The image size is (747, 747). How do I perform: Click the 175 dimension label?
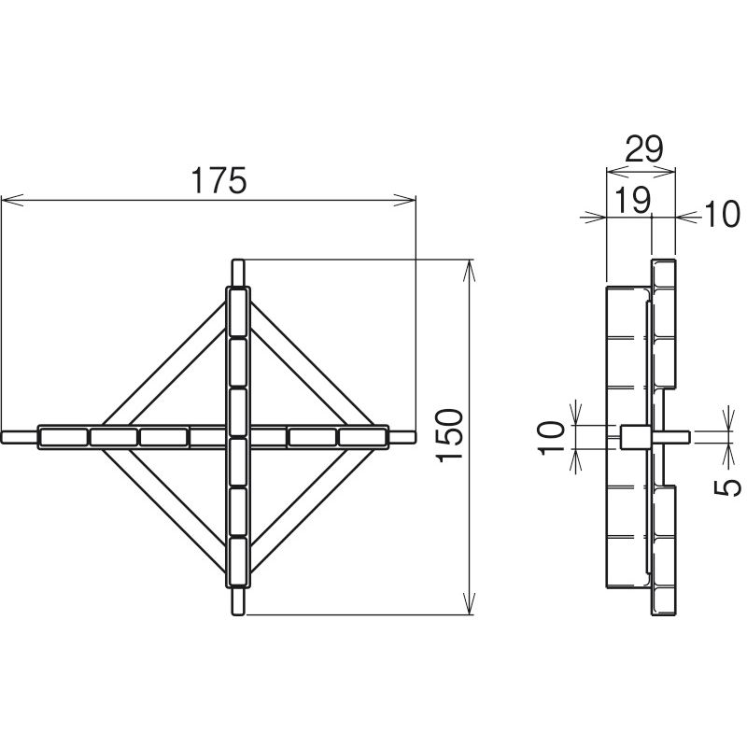click(218, 180)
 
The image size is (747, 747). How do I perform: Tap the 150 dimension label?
click(449, 435)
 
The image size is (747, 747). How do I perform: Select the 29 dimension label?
click(643, 149)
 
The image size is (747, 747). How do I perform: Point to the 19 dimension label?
click(632, 200)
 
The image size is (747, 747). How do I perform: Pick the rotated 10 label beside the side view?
click(552, 438)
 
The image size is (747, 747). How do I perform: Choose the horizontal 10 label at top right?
click(722, 214)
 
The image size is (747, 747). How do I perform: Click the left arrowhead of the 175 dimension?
click(12, 200)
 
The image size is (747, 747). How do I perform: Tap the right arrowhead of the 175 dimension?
click(404, 200)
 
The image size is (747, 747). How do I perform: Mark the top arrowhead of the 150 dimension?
click(470, 271)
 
